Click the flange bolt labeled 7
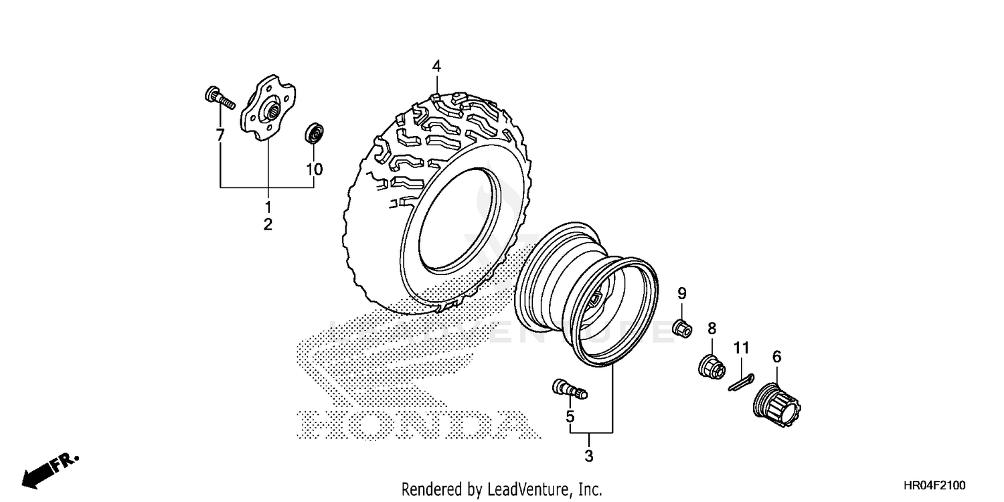click(218, 98)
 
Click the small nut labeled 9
click(681, 329)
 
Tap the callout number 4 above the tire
click(436, 66)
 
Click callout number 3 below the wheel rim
click(589, 457)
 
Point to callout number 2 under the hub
click(268, 225)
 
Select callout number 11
click(740, 348)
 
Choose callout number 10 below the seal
click(314, 169)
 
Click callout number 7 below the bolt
click(220, 136)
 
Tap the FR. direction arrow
click(50, 469)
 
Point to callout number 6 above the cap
click(776, 357)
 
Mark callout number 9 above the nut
click(681, 293)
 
